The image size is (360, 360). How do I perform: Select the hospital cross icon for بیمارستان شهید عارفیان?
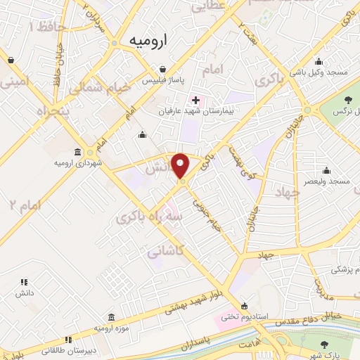pyautogui.click(x=195, y=101)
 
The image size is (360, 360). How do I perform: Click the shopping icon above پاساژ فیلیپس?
pyautogui.click(x=162, y=70)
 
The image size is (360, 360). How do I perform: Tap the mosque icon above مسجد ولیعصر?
pyautogui.click(x=326, y=170)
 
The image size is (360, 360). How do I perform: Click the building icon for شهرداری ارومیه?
pyautogui.click(x=78, y=152)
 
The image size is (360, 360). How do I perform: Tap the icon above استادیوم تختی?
pyautogui.click(x=244, y=305)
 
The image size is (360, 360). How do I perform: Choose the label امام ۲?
pyautogui.click(x=22, y=205)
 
